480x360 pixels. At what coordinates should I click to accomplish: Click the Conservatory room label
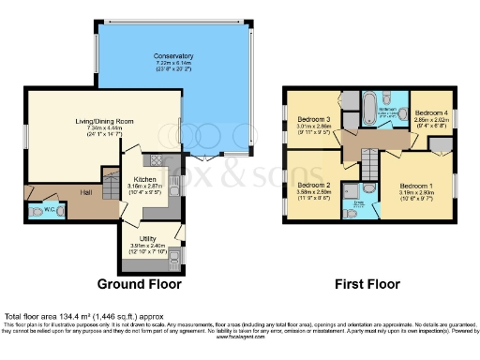[172, 57]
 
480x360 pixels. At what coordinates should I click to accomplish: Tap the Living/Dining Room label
[99, 121]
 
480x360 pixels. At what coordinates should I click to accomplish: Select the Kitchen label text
[143, 178]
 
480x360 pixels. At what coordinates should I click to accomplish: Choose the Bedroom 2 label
[314, 187]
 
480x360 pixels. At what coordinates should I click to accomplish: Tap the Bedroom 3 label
[312, 120]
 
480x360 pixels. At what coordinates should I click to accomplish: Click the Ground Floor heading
[140, 283]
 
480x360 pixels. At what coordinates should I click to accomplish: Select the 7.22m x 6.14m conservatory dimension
[172, 63]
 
